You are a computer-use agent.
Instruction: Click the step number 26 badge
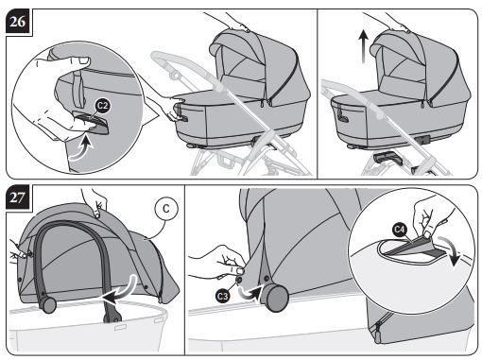point(19,22)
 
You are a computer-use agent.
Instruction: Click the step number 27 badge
point(19,197)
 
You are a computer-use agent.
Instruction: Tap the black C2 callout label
point(102,105)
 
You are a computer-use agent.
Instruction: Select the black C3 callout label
point(223,296)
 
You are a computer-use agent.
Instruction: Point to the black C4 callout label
point(400,230)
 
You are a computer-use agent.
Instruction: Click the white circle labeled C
point(166,209)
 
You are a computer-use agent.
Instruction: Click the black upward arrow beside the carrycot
point(364,46)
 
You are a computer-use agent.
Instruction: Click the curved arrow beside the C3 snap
point(250,293)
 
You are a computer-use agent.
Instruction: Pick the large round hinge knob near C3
point(277,299)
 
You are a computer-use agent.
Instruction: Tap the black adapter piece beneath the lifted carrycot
point(387,157)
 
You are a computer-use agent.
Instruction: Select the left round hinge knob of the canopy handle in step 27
point(48,305)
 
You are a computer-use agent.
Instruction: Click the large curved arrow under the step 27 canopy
point(121,291)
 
